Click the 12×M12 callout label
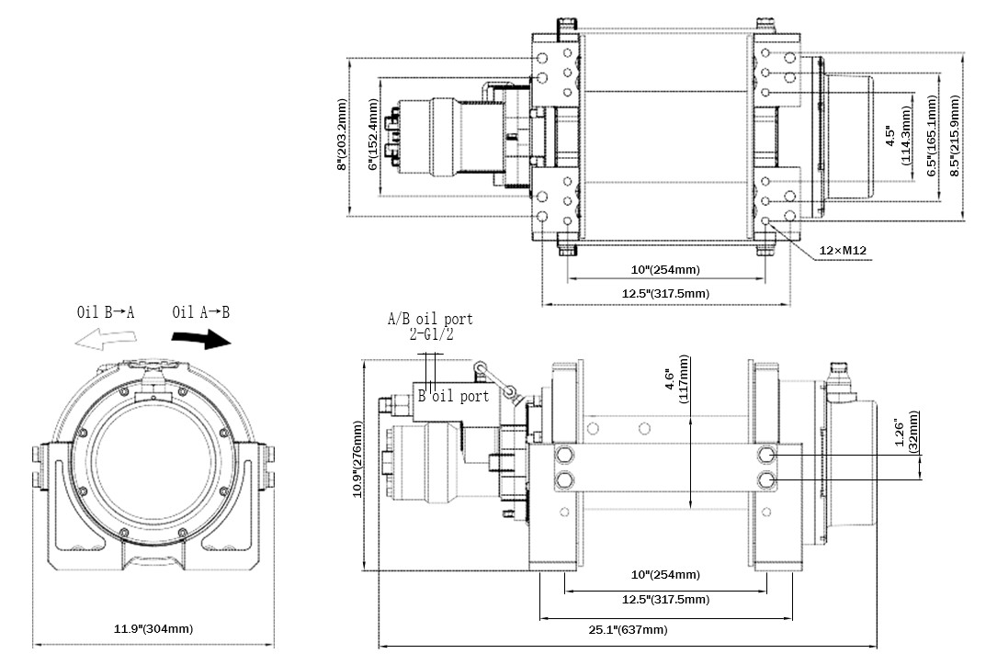843,251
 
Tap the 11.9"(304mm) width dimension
153,628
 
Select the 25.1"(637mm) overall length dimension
629,629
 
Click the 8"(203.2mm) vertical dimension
342,134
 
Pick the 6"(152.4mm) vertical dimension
373,134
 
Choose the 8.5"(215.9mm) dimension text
955,135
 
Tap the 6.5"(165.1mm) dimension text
932,135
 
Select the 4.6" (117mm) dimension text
676,379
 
